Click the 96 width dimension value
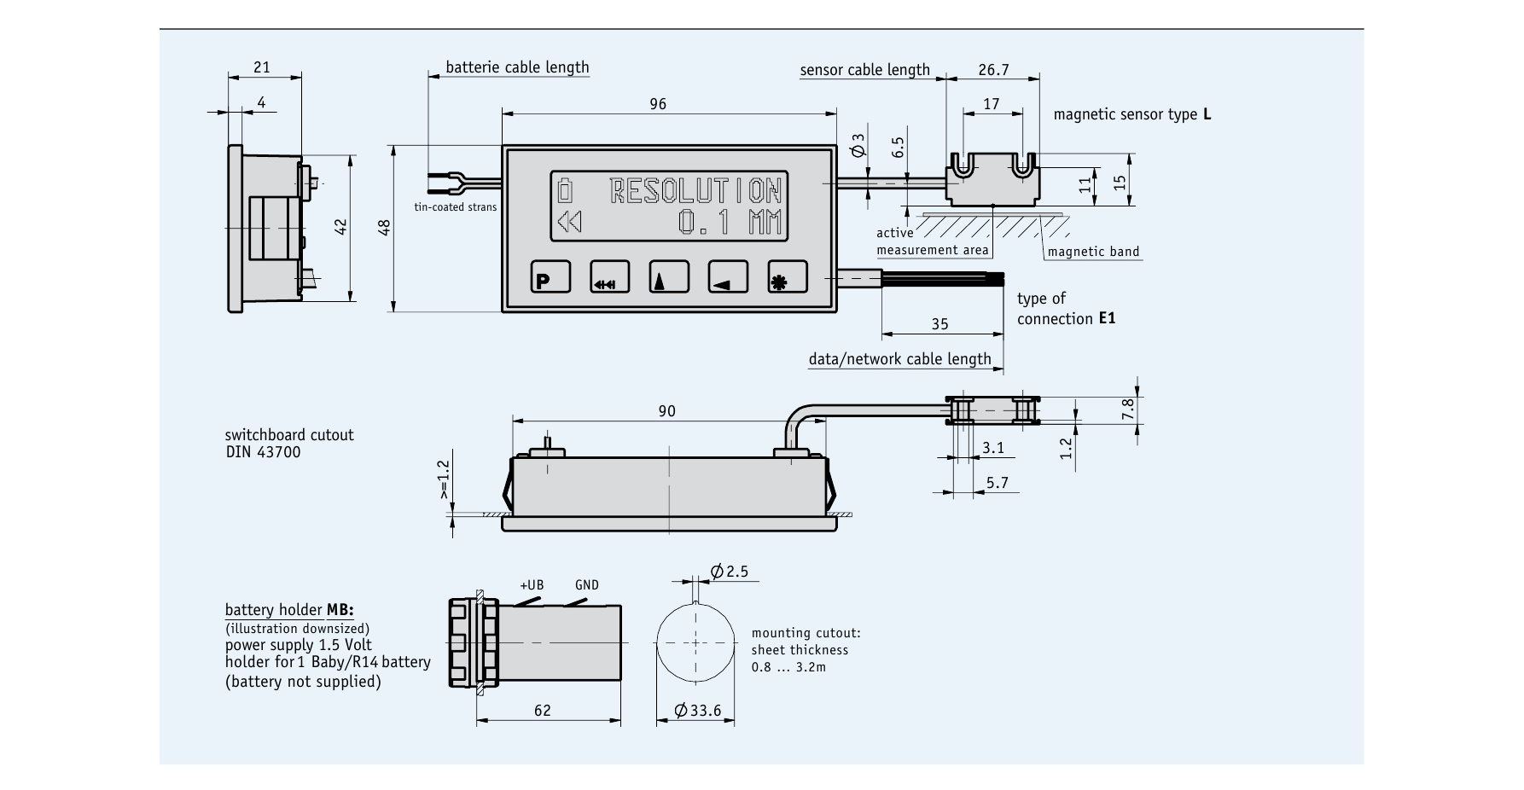click(658, 104)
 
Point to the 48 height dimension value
click(384, 228)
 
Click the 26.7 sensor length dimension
click(993, 70)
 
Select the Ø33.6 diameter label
click(697, 711)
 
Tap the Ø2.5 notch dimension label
click(729, 572)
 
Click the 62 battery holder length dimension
click(542, 710)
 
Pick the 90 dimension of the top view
click(666, 411)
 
